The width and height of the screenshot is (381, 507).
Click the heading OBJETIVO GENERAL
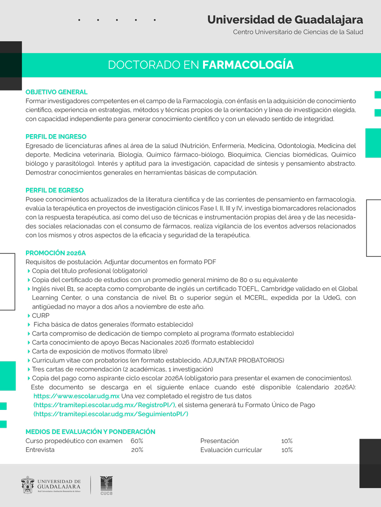pyautogui.click(x=56, y=92)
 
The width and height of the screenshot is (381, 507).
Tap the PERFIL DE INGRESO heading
pyautogui.click(x=56, y=136)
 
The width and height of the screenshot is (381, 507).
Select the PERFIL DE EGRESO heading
pyautogui.click(x=55, y=190)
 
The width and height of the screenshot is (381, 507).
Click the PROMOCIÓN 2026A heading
pyautogui.click(x=56, y=253)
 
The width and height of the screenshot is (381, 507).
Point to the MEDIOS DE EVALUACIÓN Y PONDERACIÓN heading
pyautogui.click(x=91, y=432)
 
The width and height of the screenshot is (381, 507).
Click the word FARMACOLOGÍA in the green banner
pyautogui.click(x=248, y=65)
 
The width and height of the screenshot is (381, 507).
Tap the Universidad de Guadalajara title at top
pyautogui.click(x=285, y=20)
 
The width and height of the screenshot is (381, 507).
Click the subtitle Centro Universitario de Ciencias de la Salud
pyautogui.click(x=298, y=32)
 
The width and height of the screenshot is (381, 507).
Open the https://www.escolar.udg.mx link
pyautogui.click(x=77, y=396)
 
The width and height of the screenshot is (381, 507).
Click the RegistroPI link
pyautogui.click(x=104, y=405)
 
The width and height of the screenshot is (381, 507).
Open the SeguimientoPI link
pyautogui.click(x=111, y=414)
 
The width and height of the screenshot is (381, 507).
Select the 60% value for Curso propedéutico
pyautogui.click(x=137, y=441)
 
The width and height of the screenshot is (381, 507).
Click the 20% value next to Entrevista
pyautogui.click(x=137, y=450)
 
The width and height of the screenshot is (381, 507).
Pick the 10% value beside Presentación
pyautogui.click(x=287, y=441)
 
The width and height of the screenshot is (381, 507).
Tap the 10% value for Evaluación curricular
pyautogui.click(x=287, y=450)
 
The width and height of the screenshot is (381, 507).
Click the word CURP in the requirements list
pyautogui.click(x=41, y=315)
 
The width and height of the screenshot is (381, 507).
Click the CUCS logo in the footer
pyautogui.click(x=106, y=485)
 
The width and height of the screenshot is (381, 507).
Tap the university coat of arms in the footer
pyautogui.click(x=28, y=485)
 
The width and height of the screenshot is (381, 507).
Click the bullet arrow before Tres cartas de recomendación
pyautogui.click(x=29, y=369)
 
